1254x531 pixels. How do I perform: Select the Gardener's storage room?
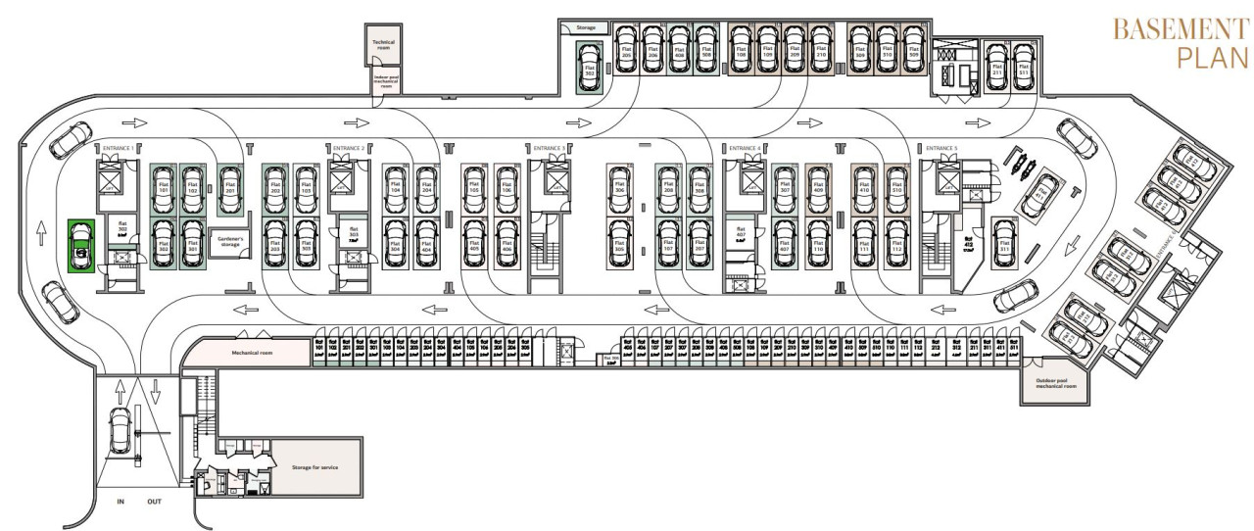tap(230, 241)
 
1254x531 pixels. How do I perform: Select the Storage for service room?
tap(314, 467)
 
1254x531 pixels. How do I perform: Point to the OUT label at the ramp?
tap(154, 501)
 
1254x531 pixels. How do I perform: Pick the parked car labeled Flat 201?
tap(230, 189)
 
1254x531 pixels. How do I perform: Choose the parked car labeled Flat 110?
tap(817, 240)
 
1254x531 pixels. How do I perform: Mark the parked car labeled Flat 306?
tap(618, 189)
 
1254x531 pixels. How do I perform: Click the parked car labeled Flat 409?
tap(817, 189)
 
